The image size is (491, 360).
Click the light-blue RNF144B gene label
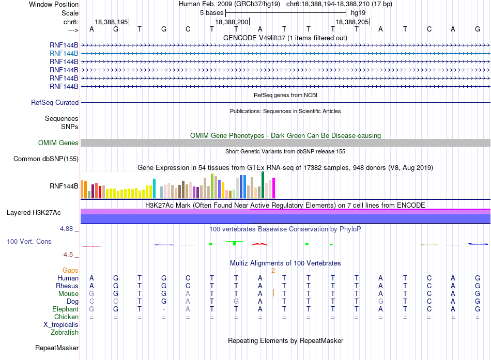point(64,54)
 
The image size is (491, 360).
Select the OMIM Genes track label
point(58,143)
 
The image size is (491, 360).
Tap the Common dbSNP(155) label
point(46,159)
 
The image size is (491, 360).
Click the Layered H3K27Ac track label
point(34,213)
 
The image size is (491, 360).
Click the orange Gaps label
point(70,271)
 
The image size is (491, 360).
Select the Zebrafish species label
point(65,333)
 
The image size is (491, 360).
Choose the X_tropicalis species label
point(61,325)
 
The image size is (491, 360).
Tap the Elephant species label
point(66,309)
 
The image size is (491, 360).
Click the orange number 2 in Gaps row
point(273,271)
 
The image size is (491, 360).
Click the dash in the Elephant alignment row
point(164,309)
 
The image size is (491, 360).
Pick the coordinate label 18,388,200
point(232,22)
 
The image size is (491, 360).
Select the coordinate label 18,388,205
point(352,22)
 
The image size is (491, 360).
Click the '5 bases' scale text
point(212,13)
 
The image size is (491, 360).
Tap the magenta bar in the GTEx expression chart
point(274,188)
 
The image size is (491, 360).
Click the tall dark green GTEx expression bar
point(263,185)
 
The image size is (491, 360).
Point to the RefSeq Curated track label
point(55,103)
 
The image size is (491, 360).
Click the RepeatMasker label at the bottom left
point(57,348)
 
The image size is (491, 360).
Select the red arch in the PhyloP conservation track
point(259,243)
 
